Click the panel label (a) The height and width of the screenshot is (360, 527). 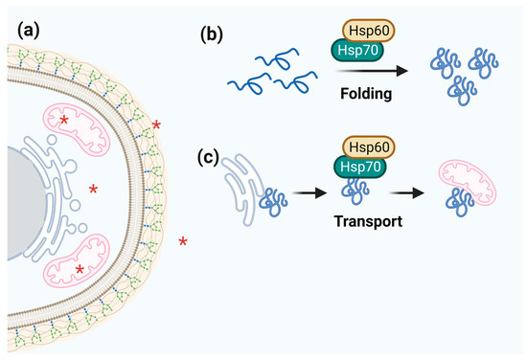pyautogui.click(x=23, y=30)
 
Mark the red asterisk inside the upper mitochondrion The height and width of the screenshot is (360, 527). pyautogui.click(x=65, y=121)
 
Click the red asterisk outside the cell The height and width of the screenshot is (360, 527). pyautogui.click(x=183, y=240)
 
